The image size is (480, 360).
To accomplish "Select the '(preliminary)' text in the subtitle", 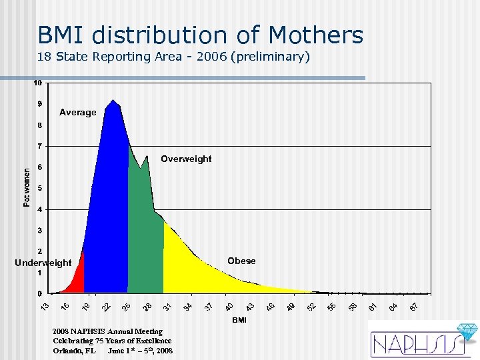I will pyautogui.click(x=272, y=57).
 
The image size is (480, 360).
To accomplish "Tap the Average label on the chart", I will pyautogui.click(x=77, y=112).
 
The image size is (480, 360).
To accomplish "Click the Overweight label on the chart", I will pyautogui.click(x=186, y=159).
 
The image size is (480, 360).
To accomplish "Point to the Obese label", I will pyautogui.click(x=241, y=261).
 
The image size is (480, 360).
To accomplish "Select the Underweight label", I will pyautogui.click(x=43, y=263).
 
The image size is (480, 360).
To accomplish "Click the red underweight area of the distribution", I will pyautogui.click(x=77, y=279).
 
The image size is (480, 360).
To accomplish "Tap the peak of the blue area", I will pyautogui.click(x=113, y=101).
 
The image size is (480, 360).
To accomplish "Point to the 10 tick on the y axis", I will pyautogui.click(x=39, y=83).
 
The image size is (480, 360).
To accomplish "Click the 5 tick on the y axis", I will pyautogui.click(x=40, y=188).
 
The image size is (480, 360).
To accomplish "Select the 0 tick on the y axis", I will pyautogui.click(x=40, y=293).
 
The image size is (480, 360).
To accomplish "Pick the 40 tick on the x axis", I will pyautogui.click(x=229, y=305).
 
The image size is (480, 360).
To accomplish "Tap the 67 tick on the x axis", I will pyautogui.click(x=414, y=305).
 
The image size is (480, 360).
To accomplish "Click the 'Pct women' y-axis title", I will pyautogui.click(x=27, y=187).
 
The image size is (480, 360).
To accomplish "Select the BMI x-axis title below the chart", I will pyautogui.click(x=239, y=321).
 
